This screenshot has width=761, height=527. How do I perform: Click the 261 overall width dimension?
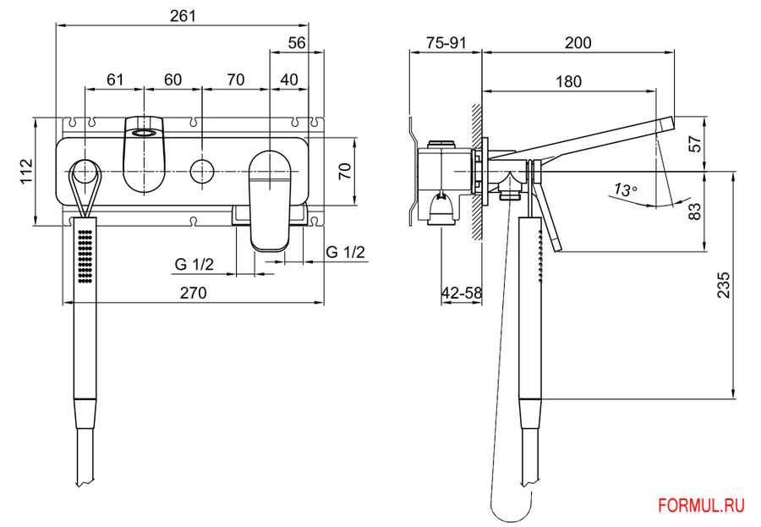183,15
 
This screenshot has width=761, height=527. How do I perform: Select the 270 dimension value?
193,293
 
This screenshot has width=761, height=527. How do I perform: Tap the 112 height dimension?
26,171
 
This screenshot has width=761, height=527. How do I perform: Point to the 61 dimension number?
115,80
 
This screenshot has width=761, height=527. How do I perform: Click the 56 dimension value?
296,43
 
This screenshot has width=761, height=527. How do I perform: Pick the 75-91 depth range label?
446,43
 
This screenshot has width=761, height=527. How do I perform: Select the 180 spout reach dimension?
569,81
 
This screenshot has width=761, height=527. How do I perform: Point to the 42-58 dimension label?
462,293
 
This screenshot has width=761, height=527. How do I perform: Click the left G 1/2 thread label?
194,264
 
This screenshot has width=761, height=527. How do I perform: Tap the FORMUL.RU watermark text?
701,506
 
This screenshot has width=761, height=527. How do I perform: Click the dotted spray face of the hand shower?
84,254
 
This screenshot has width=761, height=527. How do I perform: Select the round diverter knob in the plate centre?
201,171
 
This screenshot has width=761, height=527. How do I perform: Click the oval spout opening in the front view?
144,132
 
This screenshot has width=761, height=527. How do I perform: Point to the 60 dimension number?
172,80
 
